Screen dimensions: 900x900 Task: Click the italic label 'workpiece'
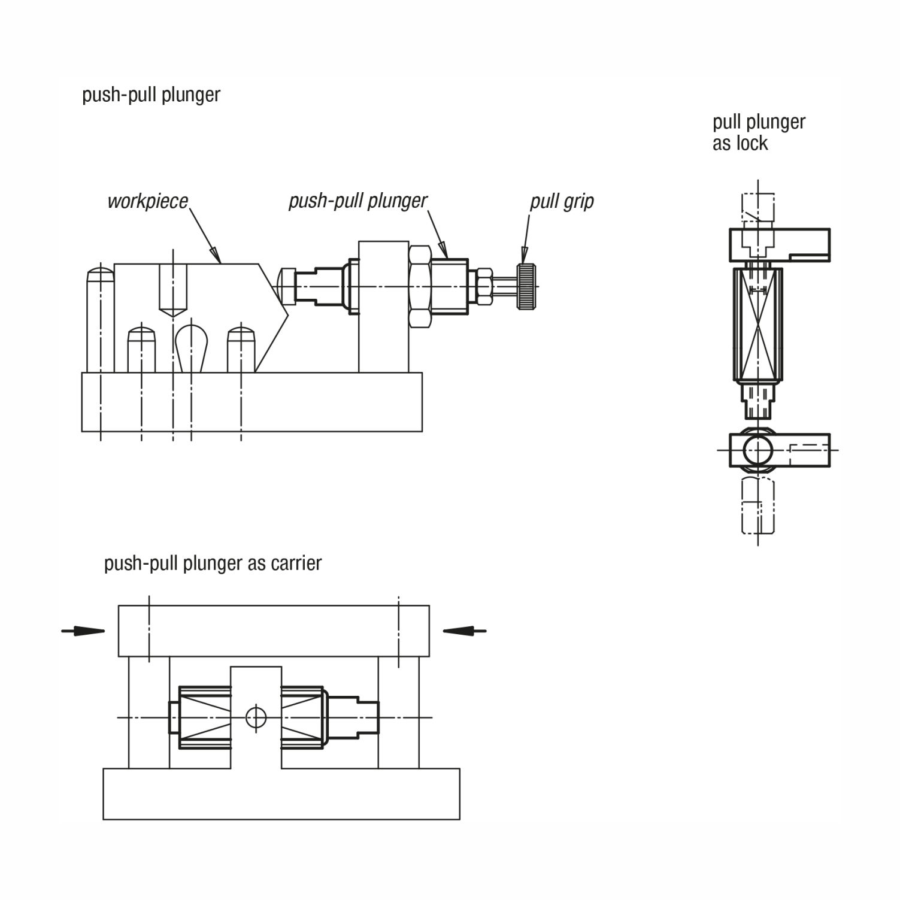pos(147,202)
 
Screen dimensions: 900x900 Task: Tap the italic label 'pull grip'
pos(562,202)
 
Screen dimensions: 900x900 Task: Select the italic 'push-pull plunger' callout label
pos(358,201)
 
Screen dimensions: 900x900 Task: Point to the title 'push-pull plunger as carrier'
pos(213,563)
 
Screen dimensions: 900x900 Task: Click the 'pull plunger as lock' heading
pos(759,132)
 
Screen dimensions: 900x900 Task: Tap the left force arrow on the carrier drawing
pos(83,631)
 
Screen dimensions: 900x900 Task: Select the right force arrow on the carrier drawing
pos(465,630)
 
